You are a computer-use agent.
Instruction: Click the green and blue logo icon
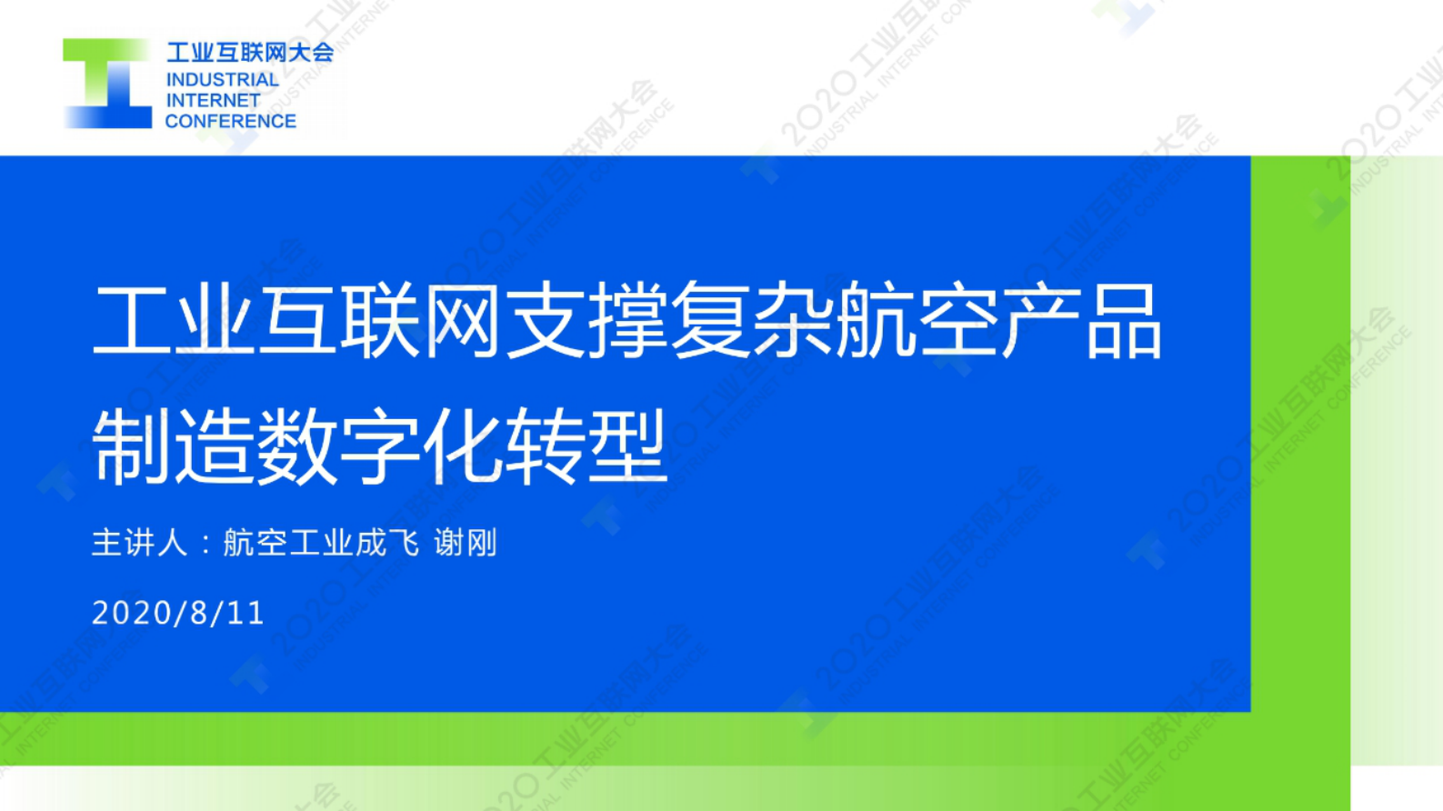tap(107, 84)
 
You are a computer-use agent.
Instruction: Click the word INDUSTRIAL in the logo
tap(222, 80)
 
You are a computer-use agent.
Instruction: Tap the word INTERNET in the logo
tap(213, 100)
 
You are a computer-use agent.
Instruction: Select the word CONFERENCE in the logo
tap(230, 121)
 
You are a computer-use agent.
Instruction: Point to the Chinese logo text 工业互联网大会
tap(249, 53)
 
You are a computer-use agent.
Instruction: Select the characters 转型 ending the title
tap(586, 446)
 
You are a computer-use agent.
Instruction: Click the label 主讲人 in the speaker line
tap(139, 543)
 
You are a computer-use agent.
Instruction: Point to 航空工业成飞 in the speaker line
tap(321, 543)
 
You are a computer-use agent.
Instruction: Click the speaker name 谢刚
tap(466, 543)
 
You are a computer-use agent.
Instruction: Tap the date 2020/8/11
tap(178, 613)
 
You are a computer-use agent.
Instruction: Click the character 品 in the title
tap(1123, 320)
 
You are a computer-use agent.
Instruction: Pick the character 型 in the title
tap(627, 446)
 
